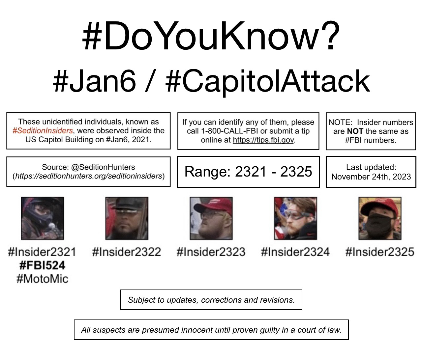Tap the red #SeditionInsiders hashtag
pos(43,131)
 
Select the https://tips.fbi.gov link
pos(263,140)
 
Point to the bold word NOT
pos(355,131)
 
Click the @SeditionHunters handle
pos(103,167)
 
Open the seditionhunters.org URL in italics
pos(89,176)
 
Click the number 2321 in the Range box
pos(251,171)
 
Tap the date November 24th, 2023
pos(371,177)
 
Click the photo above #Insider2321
pos(42,218)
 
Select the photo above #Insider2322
pos(127,218)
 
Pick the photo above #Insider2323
pos(211,218)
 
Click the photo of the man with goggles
pos(295,218)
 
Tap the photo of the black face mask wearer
pos(380,218)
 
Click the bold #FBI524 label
pos(42,265)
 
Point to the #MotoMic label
pos(42,279)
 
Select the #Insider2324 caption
pos(295,252)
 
